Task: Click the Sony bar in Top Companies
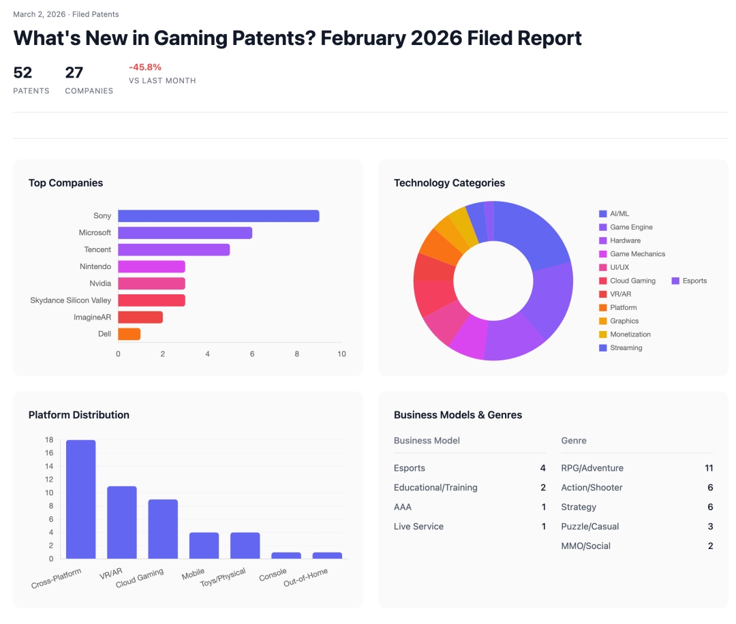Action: click(x=218, y=216)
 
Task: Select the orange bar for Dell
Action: click(x=129, y=334)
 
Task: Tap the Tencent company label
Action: click(x=97, y=250)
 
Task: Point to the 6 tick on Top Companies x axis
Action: click(x=252, y=354)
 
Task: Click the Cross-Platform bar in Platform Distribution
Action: click(x=80, y=499)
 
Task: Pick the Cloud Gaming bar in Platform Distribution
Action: click(x=163, y=529)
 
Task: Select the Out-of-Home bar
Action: click(x=327, y=555)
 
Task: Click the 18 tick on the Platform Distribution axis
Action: click(x=49, y=440)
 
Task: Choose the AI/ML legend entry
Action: click(x=619, y=214)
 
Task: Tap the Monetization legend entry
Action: click(x=630, y=334)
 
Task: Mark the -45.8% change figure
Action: click(x=145, y=67)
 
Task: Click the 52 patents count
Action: click(x=22, y=73)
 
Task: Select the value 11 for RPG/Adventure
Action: click(x=709, y=468)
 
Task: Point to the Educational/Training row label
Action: click(x=435, y=488)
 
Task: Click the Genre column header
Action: click(x=574, y=441)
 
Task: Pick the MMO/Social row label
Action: click(x=585, y=546)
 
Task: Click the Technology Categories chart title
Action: click(x=449, y=183)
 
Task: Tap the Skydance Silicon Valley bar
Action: click(x=151, y=300)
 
